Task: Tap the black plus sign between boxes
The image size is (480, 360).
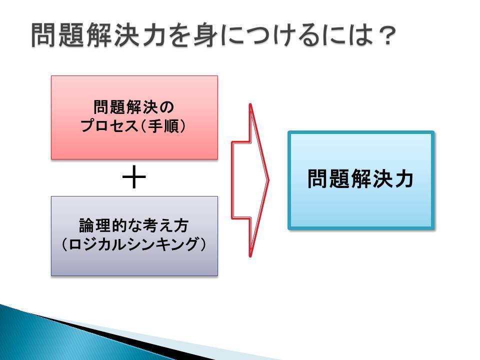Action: [x=134, y=177]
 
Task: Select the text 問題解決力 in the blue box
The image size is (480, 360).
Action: [x=360, y=179]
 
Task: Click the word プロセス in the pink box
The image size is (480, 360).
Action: [x=109, y=126]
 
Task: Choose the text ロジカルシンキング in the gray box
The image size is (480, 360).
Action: [x=134, y=244]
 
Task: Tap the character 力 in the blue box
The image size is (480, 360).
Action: [x=404, y=179]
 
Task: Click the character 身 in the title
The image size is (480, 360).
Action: [x=205, y=35]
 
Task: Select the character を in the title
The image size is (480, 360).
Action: [x=179, y=35]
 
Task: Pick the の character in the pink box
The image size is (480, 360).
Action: [x=166, y=107]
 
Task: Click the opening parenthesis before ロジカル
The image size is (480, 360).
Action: [x=64, y=244]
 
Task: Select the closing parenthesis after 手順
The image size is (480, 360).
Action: [x=183, y=126]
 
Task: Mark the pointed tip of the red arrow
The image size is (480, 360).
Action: [x=268, y=180]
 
